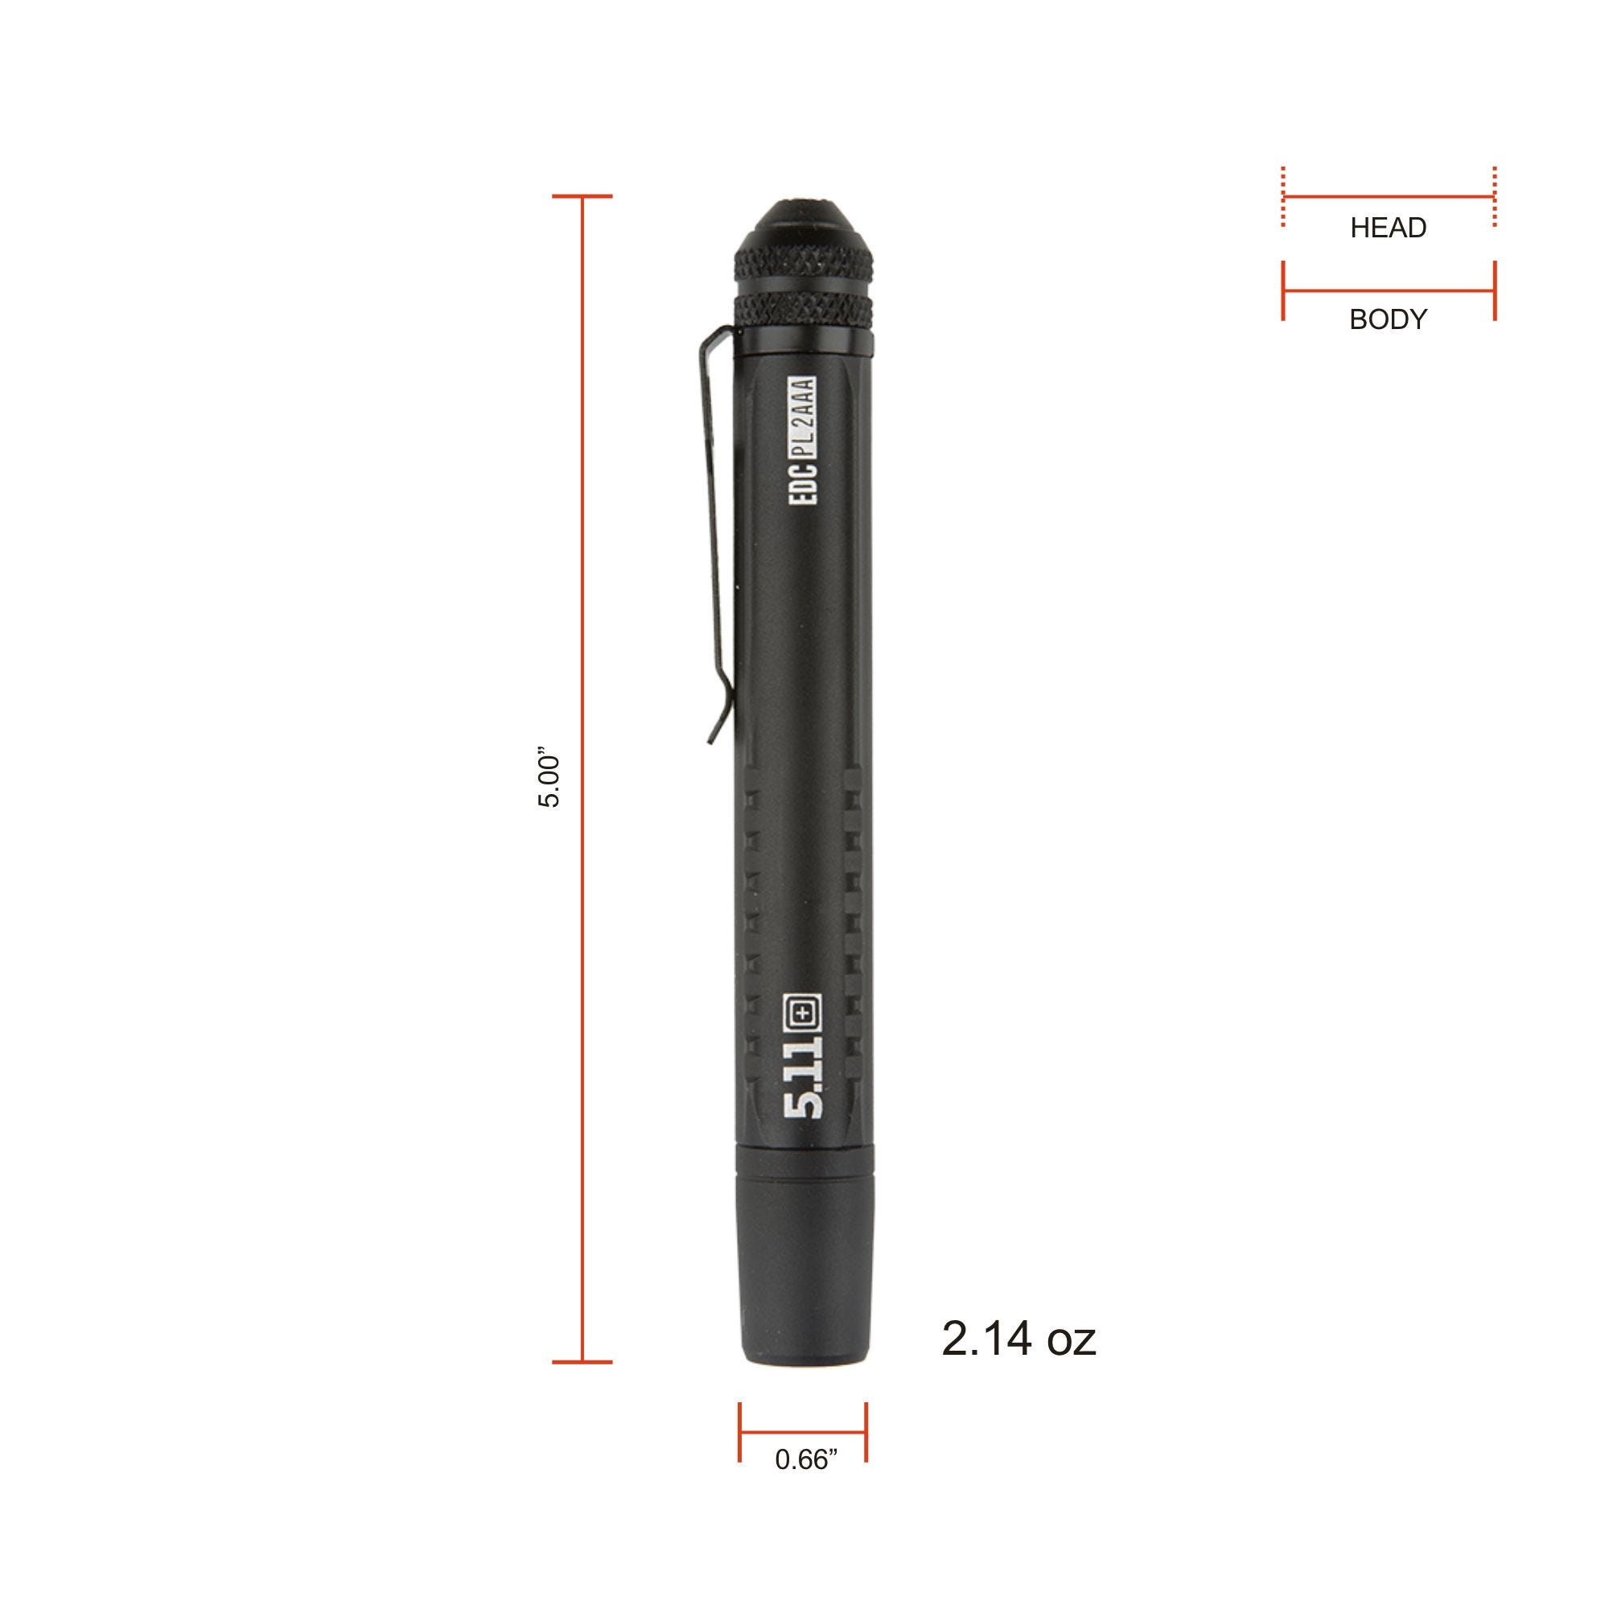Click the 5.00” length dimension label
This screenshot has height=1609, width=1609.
point(549,781)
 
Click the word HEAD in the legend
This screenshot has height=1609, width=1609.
point(1389,228)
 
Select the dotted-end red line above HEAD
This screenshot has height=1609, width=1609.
point(1389,197)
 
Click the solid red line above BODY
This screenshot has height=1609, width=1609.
point(1389,291)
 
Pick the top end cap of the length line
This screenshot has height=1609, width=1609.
point(582,196)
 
